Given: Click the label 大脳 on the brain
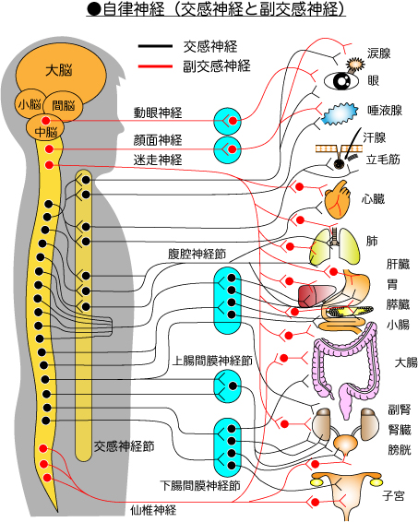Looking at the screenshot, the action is pos(59,71).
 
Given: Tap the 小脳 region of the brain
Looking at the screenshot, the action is pos(30,104).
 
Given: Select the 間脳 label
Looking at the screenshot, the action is pos(64,105).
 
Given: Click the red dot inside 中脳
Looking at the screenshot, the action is pos(45,121).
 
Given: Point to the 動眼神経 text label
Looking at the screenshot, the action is pos(158,113).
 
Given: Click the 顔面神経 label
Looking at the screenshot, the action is pos(158,140).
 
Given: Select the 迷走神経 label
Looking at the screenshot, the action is pos(158,160).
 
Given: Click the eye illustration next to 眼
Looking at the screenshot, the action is pos(341,81).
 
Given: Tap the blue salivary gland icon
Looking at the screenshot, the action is pos(340,113).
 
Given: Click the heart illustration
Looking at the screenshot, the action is pos(338,200).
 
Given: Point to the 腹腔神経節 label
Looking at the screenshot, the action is pos(197,254).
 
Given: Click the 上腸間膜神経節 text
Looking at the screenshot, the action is pos(212,361).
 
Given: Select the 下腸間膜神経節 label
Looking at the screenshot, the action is pos(200,486).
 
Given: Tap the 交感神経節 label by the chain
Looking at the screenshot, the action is pos(124,446).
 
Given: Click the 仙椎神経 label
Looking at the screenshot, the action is pos(153,510).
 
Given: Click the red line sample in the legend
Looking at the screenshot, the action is pos(155,66).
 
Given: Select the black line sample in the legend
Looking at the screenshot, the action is pos(155,46).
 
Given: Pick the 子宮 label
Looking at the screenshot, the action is pos(393,496).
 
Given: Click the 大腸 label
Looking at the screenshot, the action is pos(406,362).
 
